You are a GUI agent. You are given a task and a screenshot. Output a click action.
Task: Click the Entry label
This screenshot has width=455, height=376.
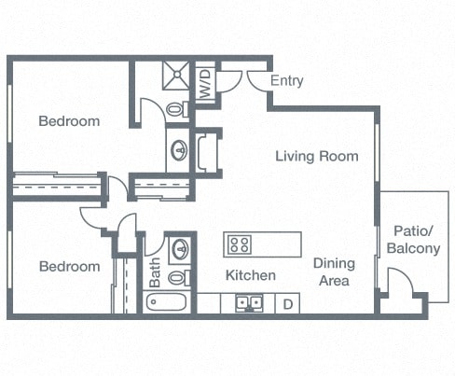coord(286,81)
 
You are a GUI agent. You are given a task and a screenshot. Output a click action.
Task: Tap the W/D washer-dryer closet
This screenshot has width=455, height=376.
coord(205,81)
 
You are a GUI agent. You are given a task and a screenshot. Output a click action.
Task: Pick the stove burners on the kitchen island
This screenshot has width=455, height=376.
coord(240,245)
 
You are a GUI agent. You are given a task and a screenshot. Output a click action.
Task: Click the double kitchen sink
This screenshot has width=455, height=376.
coord(247,303)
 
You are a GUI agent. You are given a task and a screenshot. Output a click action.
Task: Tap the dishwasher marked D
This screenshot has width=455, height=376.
coord(288,304)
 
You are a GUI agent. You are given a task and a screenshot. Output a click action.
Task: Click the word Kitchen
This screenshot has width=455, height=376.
coord(251,275)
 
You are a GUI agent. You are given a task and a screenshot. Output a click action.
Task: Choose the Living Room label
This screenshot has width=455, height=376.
coord(316,156)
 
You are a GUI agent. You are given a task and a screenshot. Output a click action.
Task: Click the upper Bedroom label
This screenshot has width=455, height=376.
coord(69,121)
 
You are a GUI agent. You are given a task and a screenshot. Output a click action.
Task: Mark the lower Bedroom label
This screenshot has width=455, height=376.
coord(69,266)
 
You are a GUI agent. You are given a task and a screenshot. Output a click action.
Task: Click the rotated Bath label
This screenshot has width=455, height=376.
coord(156,272)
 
